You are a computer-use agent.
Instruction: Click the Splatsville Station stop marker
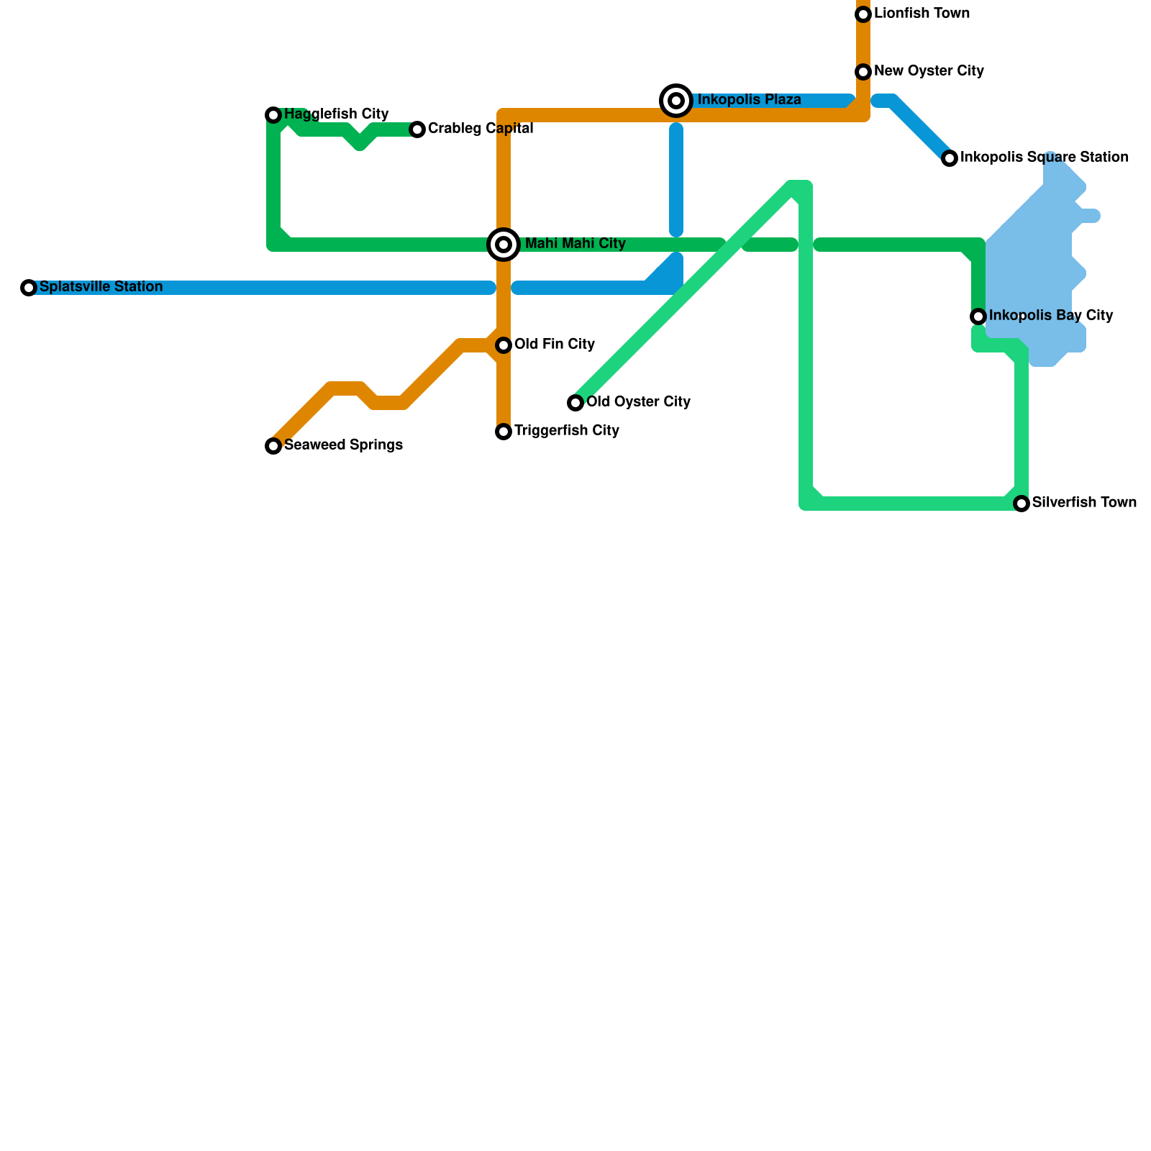(29, 288)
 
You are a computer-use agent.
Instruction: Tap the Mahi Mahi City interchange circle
(504, 245)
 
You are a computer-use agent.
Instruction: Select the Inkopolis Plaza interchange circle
(676, 101)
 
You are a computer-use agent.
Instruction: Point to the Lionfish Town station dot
(863, 14)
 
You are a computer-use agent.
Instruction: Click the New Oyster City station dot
(863, 72)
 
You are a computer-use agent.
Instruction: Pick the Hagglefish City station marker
(273, 115)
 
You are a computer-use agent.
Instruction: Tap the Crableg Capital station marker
(417, 129)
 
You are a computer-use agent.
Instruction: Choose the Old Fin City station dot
(504, 345)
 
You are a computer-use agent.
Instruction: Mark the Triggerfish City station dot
(504, 432)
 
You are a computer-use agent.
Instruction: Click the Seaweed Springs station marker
(273, 446)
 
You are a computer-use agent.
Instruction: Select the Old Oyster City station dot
(575, 403)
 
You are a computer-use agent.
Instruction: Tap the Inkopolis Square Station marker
(950, 158)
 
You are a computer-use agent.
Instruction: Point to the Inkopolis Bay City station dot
(978, 317)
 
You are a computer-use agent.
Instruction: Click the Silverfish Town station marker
(1022, 504)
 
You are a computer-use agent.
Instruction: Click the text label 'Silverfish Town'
(1084, 503)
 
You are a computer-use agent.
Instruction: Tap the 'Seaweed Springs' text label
(343, 445)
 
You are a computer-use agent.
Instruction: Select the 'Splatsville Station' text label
(101, 287)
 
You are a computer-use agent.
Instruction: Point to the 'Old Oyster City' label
(638, 402)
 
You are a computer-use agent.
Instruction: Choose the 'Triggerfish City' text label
(566, 431)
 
